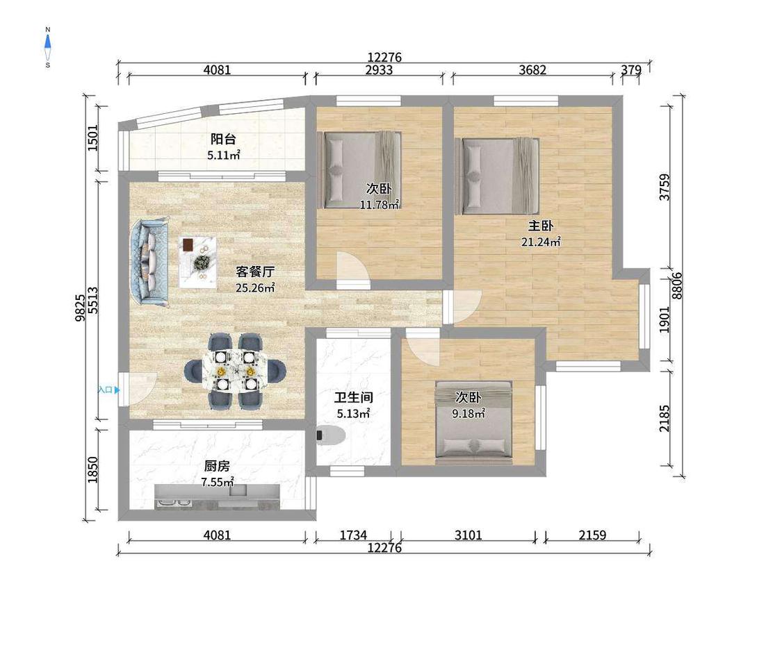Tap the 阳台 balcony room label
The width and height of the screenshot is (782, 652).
click(223, 140)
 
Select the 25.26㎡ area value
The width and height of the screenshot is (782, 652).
click(255, 287)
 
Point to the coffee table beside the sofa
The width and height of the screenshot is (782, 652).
click(199, 262)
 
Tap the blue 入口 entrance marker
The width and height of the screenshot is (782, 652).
click(108, 390)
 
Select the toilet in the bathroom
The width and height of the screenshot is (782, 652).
click(331, 435)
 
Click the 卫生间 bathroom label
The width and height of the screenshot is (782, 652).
click(354, 397)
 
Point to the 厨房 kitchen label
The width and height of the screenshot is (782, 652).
click(217, 466)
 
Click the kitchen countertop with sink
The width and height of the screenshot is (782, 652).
click(216, 496)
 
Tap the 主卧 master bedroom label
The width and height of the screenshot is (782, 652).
click(541, 226)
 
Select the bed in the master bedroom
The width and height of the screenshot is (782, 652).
click(497, 176)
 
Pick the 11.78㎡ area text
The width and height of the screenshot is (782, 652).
click(380, 204)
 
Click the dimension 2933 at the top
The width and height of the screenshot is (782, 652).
click(379, 70)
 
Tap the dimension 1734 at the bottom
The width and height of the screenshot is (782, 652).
click(354, 535)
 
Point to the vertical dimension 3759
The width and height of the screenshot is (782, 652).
click(665, 187)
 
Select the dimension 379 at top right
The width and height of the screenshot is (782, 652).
click(631, 70)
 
